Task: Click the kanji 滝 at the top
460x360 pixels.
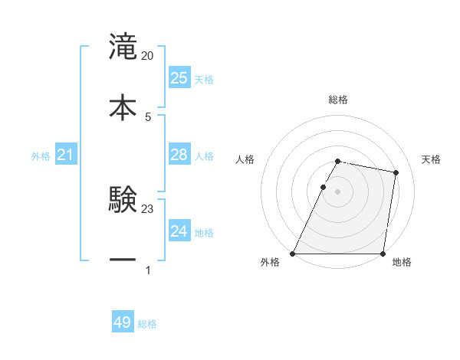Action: click(123, 46)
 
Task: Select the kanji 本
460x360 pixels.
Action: click(123, 106)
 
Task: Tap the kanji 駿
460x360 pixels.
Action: click(123, 199)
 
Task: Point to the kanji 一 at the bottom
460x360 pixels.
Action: click(123, 260)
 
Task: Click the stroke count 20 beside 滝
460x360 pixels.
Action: click(148, 56)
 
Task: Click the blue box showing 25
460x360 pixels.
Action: click(179, 77)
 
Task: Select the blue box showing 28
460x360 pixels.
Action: click(179, 155)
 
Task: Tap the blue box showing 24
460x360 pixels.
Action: click(179, 231)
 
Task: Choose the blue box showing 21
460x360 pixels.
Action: click(65, 155)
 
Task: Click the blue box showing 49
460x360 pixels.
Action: click(123, 322)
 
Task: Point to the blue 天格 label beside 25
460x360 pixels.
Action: click(204, 79)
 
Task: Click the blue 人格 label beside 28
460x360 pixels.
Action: click(204, 156)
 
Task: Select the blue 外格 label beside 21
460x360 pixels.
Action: click(41, 156)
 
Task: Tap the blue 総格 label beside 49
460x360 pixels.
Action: click(147, 324)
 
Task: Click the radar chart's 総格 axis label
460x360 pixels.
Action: click(337, 100)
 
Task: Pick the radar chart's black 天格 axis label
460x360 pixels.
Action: click(432, 159)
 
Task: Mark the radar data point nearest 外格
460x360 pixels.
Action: click(293, 254)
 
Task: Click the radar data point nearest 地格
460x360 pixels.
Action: click(383, 254)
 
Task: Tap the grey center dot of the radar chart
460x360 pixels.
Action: click(337, 191)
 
